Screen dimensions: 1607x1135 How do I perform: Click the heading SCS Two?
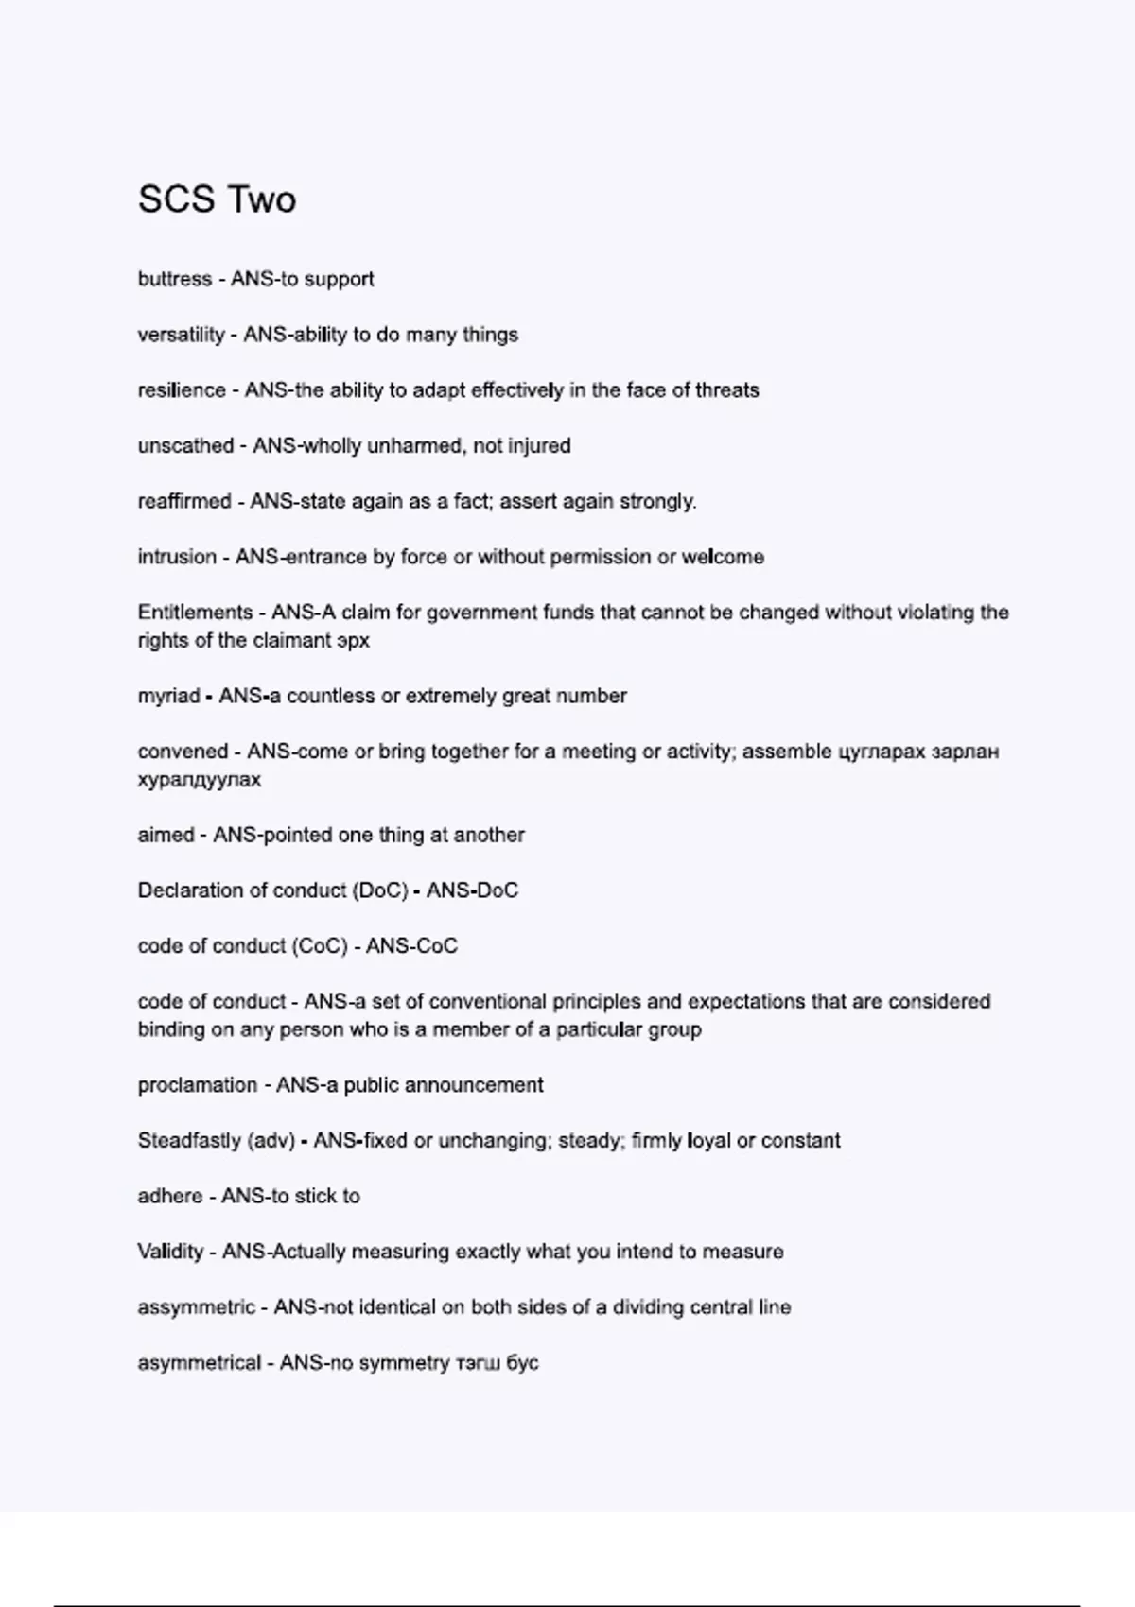click(217, 199)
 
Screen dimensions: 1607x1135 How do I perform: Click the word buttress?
click(175, 279)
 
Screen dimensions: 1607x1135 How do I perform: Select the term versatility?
click(181, 335)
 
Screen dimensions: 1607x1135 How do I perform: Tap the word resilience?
click(182, 390)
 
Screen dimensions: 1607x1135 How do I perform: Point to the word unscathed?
click(185, 446)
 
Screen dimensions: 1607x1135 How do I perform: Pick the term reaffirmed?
click(184, 501)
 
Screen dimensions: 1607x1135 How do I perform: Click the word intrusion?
click(177, 557)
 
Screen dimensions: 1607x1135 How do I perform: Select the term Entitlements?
click(195, 613)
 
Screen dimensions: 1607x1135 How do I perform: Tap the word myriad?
click(168, 696)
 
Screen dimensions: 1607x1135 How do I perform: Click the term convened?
click(183, 752)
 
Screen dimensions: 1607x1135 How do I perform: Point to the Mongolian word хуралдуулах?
click(199, 780)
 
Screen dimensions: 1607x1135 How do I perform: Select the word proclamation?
click(197, 1085)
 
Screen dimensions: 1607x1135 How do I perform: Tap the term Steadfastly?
click(188, 1141)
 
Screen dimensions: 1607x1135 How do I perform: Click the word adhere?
click(169, 1196)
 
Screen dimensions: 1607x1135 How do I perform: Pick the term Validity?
click(170, 1252)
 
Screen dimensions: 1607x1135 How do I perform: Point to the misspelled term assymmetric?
click(196, 1307)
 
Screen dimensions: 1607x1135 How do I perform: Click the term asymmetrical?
click(199, 1363)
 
